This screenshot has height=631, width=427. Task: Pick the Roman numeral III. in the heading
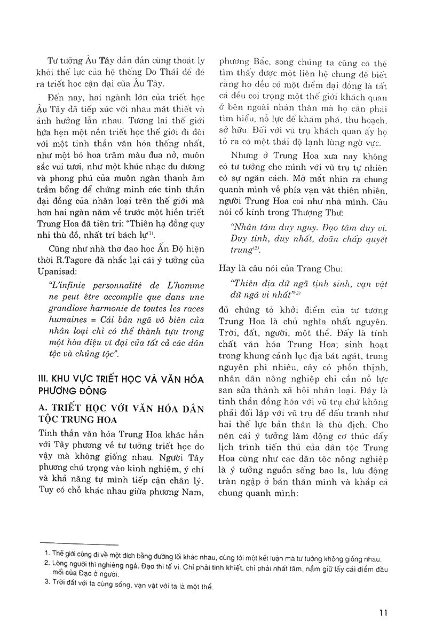click(39, 377)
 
